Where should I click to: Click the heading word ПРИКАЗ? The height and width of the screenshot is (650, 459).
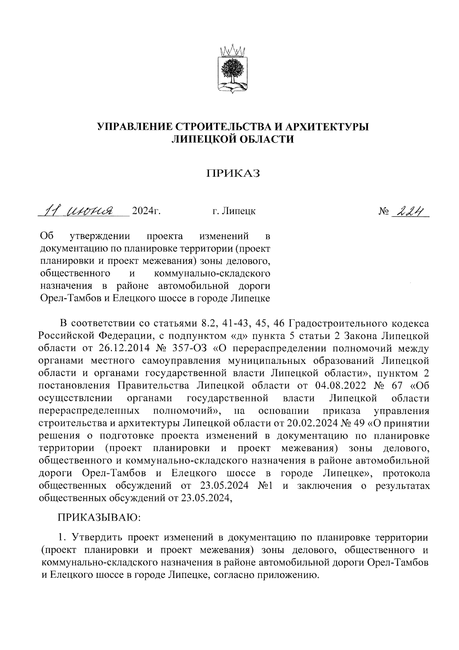pyautogui.click(x=233, y=174)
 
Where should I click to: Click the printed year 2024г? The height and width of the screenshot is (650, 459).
pyautogui.click(x=146, y=211)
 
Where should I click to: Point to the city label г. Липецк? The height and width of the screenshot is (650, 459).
pyautogui.click(x=234, y=211)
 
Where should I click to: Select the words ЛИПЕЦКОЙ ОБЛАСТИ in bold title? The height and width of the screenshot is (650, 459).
pyautogui.click(x=233, y=139)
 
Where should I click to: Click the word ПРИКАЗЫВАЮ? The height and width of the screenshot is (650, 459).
pyautogui.click(x=99, y=518)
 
